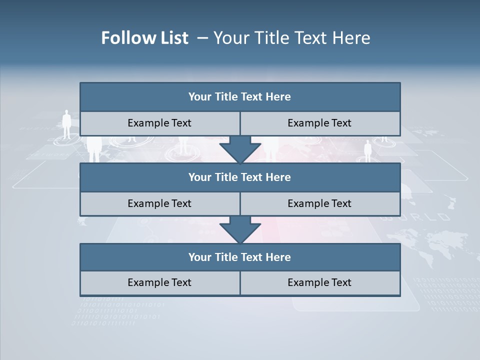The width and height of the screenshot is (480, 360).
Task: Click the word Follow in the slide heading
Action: click(x=123, y=38)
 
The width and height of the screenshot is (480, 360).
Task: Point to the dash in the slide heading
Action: click(x=202, y=38)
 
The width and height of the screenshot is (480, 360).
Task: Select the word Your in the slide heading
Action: click(x=229, y=38)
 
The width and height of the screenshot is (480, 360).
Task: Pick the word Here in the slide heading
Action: click(x=352, y=38)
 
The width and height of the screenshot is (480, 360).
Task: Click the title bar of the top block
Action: click(x=240, y=97)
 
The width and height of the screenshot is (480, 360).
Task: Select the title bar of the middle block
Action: click(x=240, y=177)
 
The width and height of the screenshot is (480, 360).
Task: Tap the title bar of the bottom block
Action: click(x=240, y=257)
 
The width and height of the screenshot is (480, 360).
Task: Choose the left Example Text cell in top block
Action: click(x=160, y=123)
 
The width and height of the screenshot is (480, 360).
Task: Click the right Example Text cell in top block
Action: click(x=320, y=123)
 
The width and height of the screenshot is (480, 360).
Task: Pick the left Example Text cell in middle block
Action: click(x=160, y=203)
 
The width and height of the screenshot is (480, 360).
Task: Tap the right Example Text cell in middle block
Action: click(x=320, y=203)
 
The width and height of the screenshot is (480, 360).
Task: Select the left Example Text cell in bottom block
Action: click(x=160, y=283)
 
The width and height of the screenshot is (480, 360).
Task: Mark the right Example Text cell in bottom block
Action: click(x=320, y=283)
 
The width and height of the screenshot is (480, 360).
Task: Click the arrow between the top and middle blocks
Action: click(x=240, y=149)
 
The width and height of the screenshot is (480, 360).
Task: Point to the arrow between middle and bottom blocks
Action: click(x=240, y=229)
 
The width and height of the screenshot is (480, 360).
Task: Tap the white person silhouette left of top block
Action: click(x=66, y=124)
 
